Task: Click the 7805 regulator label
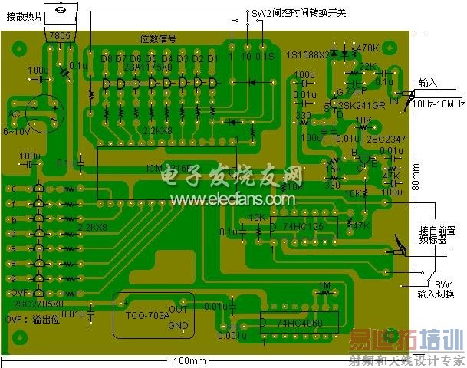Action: point(58,36)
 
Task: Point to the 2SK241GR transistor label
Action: point(360,105)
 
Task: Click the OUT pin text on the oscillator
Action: point(177,310)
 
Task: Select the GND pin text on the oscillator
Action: point(177,324)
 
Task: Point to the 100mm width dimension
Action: point(189,361)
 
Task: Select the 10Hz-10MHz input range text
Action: point(438,103)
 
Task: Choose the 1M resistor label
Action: point(323,285)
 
